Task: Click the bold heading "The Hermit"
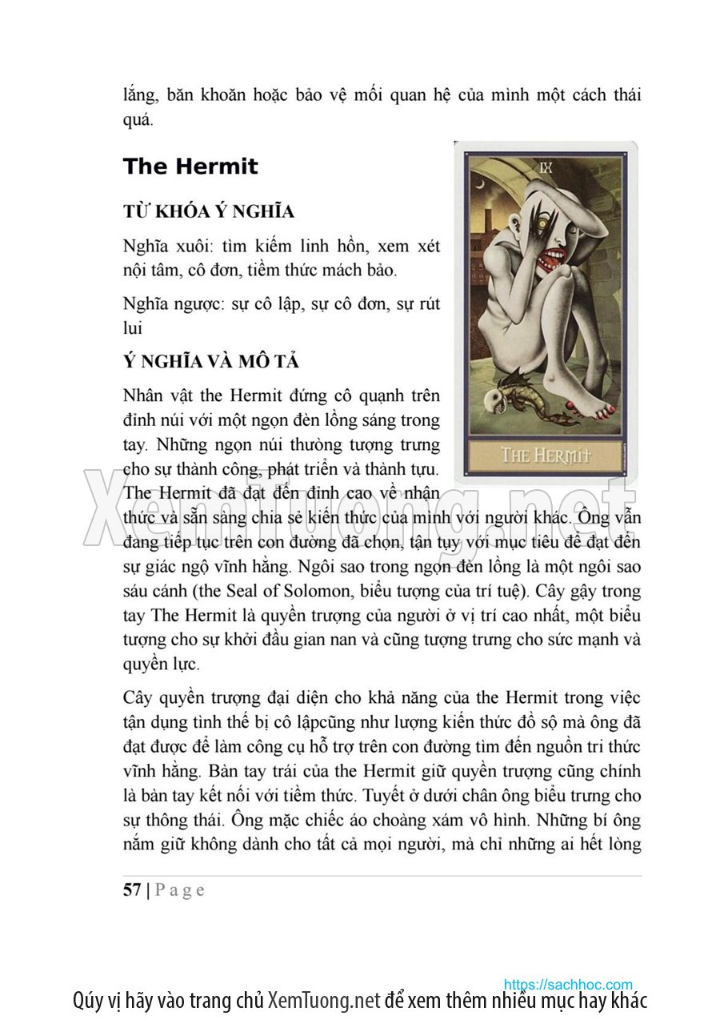[x=190, y=167]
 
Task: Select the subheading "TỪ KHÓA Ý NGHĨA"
[x=208, y=212]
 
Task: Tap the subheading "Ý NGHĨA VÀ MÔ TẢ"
[x=211, y=362]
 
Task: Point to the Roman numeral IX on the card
[x=546, y=167]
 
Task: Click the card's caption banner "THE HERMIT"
[x=546, y=455]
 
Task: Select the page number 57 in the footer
[x=132, y=890]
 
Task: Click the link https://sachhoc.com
[x=568, y=984]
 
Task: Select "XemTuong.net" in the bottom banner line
[x=323, y=1001]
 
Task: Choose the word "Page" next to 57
[x=179, y=890]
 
